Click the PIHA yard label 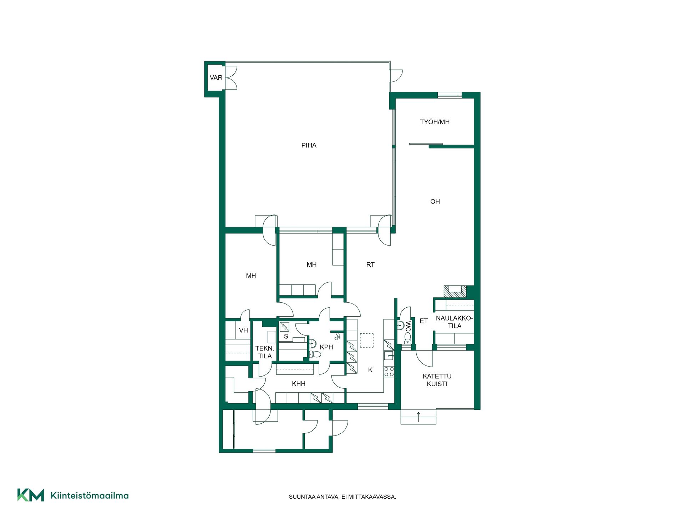[309, 145]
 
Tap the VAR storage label [216, 78]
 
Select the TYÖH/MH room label [435, 122]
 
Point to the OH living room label [435, 202]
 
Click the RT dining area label [370, 264]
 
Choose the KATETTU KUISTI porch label [437, 380]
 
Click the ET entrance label [423, 321]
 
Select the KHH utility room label [299, 384]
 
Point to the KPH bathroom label [326, 347]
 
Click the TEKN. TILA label [265, 352]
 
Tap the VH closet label [243, 331]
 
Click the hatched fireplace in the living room [455, 292]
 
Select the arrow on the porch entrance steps [418, 417]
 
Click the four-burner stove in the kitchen [389, 372]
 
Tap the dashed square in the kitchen [366, 341]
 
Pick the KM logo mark [31, 495]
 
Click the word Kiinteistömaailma [90, 495]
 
